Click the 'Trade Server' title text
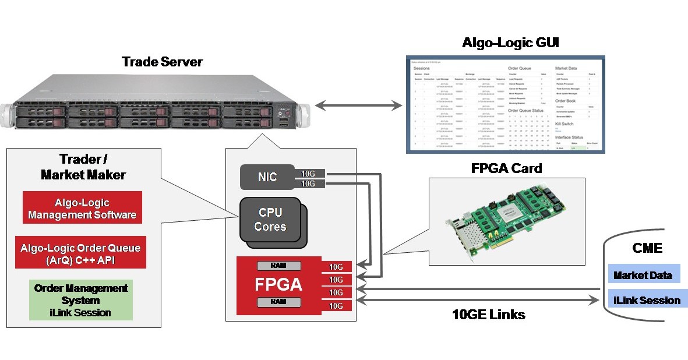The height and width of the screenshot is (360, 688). [x=162, y=62]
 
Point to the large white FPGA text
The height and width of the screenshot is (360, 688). [x=278, y=285]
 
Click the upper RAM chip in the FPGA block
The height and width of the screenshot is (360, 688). [x=279, y=266]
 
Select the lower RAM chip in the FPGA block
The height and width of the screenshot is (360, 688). [x=279, y=302]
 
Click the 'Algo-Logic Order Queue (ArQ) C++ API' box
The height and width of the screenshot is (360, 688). [x=81, y=253]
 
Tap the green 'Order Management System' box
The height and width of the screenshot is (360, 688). [x=81, y=300]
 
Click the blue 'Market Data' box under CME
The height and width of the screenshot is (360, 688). [x=643, y=275]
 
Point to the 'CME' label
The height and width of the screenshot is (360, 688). [x=647, y=248]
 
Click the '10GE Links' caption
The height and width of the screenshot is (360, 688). [x=489, y=315]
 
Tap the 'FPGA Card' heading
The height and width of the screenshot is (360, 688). [x=506, y=168]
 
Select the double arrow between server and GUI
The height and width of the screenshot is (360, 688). [x=358, y=105]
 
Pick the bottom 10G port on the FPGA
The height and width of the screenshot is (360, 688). [x=336, y=305]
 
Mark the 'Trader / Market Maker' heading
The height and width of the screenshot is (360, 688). [x=84, y=167]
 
